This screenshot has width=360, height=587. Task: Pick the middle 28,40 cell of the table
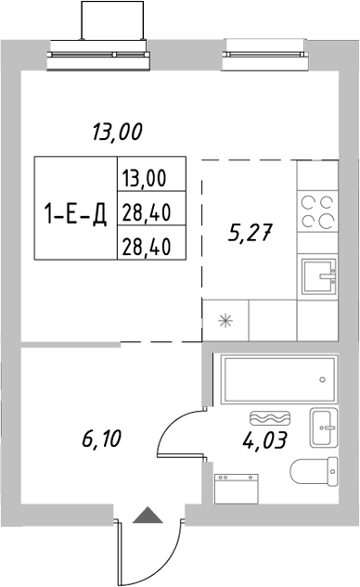point(149,211)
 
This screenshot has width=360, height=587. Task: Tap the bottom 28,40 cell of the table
point(149,245)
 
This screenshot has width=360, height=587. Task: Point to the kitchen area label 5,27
point(250,233)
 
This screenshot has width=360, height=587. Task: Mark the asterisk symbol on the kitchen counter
point(225,322)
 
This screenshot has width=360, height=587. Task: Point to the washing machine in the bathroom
point(236,489)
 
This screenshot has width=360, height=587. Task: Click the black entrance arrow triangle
point(146,517)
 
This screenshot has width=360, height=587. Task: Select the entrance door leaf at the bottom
point(118,548)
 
